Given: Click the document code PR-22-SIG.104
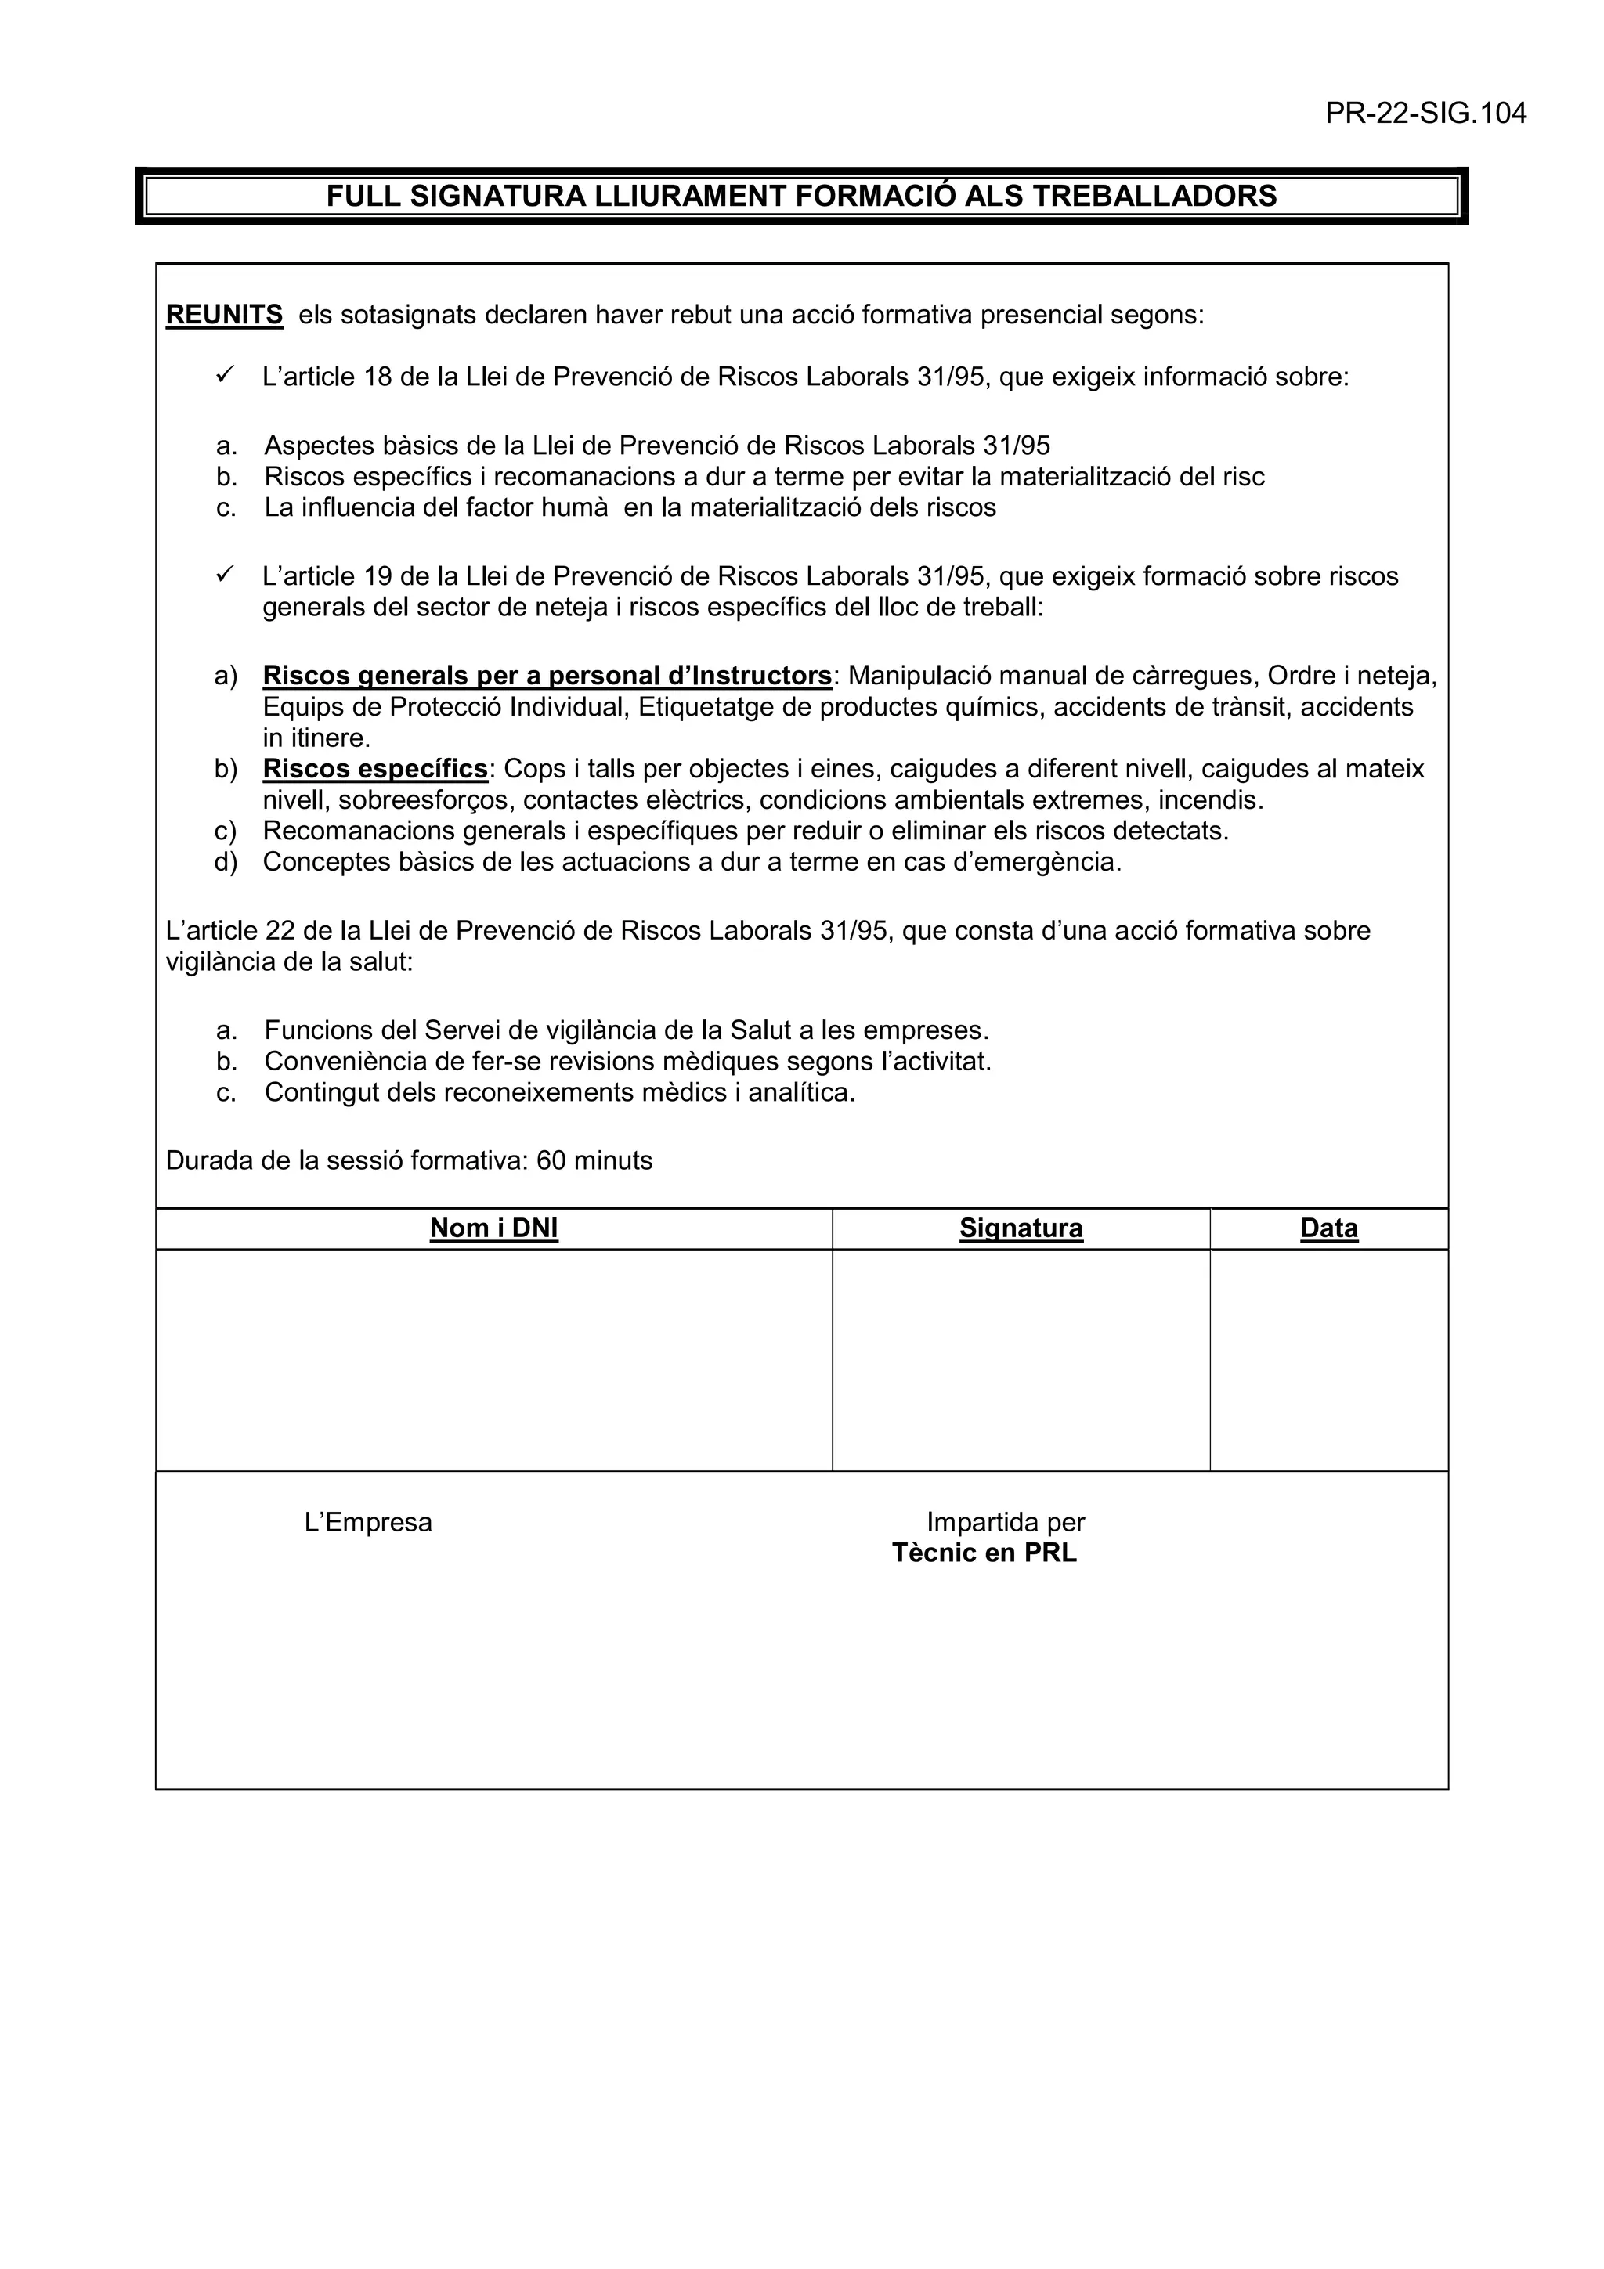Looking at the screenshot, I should tap(1425, 114).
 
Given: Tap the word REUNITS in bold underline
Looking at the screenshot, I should tap(224, 316).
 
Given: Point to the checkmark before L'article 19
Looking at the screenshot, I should tap(224, 573).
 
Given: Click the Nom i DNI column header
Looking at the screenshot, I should tap(493, 1228).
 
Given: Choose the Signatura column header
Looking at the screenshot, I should tap(1021, 1228).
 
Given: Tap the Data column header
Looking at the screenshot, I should tap(1328, 1228).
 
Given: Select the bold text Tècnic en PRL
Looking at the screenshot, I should tap(984, 1553).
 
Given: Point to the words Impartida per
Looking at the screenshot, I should tap(1005, 1522).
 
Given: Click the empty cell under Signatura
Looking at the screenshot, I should tap(1021, 1360).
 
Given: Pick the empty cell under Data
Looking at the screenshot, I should tap(1328, 1360).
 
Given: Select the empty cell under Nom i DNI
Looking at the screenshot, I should tap(493, 1360).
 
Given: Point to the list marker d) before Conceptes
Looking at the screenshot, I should tap(226, 862).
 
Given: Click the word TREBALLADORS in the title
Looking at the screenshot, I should tap(1154, 196).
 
